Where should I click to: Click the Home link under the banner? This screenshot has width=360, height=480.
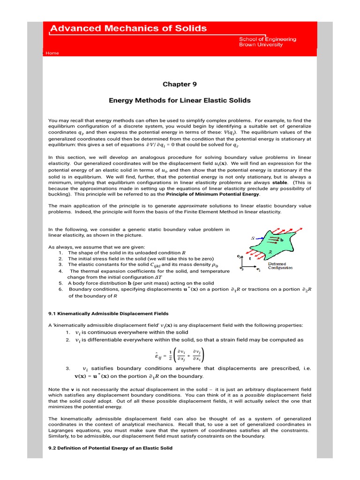pos(52,53)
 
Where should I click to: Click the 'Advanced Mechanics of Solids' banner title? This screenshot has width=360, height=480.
pos(128,29)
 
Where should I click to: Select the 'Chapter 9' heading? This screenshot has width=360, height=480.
pos(180,84)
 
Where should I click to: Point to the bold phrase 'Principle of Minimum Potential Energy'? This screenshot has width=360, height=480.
pos(213,194)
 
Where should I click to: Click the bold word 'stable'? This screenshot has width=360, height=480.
pos(280,183)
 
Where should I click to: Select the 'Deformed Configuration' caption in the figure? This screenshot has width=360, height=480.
pos(280,266)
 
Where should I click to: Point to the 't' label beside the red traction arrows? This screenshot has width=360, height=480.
pos(249,258)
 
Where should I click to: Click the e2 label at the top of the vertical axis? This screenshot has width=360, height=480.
pos(238,256)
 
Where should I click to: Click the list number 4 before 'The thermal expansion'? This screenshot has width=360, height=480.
pos(60,271)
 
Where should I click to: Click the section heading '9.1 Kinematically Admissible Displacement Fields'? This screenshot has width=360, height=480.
pos(108,313)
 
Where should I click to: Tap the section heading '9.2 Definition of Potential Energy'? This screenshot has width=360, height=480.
pos(111,448)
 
